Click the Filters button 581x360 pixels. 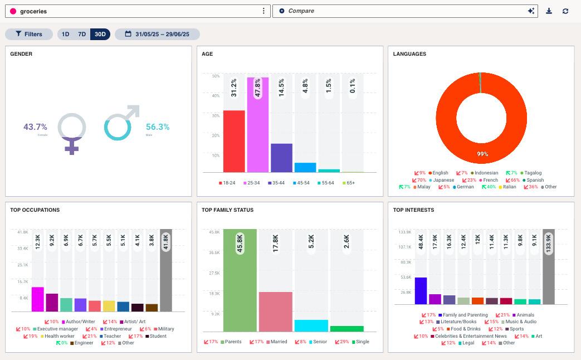pyautogui.click(x=28, y=34)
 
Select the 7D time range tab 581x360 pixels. pyautogui.click(x=82, y=34)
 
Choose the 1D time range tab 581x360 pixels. pyautogui.click(x=65, y=34)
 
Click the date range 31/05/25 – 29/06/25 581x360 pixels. pyautogui.click(x=157, y=34)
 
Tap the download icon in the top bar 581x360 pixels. pyautogui.click(x=549, y=11)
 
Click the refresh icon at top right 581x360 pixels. pyautogui.click(x=565, y=11)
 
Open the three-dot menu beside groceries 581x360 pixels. pyautogui.click(x=263, y=11)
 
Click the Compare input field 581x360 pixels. pyautogui.click(x=401, y=11)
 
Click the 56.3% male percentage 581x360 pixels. pyautogui.click(x=157, y=127)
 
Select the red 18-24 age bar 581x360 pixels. pyautogui.click(x=234, y=142)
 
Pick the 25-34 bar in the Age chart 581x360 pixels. pyautogui.click(x=258, y=125)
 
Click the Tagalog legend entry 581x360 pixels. pyautogui.click(x=533, y=173)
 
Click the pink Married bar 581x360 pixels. pyautogui.click(x=275, y=312)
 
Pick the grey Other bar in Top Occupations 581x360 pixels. pyautogui.click(x=166, y=270)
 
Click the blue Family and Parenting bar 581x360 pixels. pyautogui.click(x=421, y=291)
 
